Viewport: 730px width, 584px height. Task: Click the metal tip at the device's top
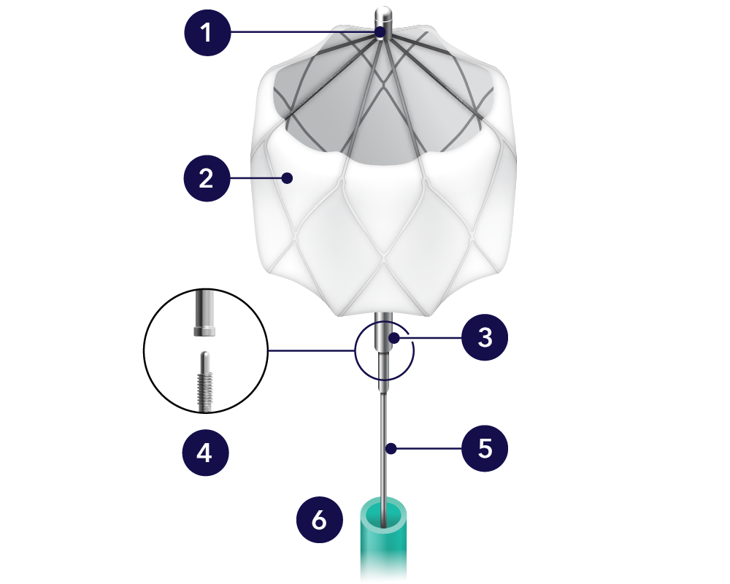[x=383, y=16]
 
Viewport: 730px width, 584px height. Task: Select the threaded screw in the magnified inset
[x=206, y=384]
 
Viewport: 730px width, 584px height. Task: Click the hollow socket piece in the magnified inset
[x=205, y=314]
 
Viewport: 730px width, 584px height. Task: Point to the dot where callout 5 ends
[x=392, y=448]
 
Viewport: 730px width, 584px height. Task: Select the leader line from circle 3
[x=431, y=338]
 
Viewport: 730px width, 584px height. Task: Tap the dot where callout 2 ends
[x=289, y=177]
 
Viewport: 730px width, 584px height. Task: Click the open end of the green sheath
[x=385, y=511]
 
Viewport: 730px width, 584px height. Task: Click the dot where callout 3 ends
[x=393, y=338]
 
